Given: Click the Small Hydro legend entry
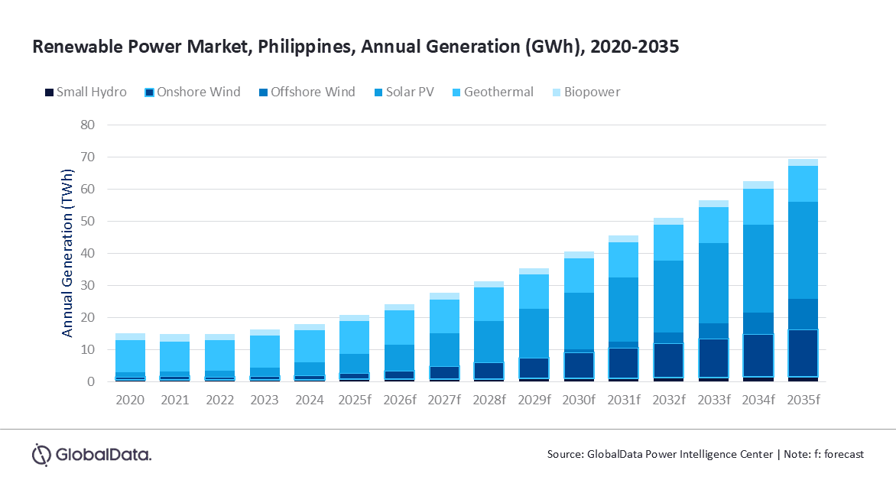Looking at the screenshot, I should tap(85, 92).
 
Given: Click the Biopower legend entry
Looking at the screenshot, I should tap(586, 92).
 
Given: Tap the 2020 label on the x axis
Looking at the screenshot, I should tap(130, 400).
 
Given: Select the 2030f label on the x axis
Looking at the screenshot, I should tap(578, 400).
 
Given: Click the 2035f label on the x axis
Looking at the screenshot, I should tap(803, 400).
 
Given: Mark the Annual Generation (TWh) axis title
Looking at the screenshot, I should tap(68, 253).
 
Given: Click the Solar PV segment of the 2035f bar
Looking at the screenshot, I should tap(803, 250).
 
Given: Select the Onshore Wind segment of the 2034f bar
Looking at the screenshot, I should tap(758, 355).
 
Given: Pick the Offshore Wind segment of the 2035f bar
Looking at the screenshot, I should tap(803, 314).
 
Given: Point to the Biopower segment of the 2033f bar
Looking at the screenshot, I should tap(713, 203).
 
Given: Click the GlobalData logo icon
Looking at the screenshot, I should tap(41, 454).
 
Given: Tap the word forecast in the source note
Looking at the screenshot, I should tap(841, 454).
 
